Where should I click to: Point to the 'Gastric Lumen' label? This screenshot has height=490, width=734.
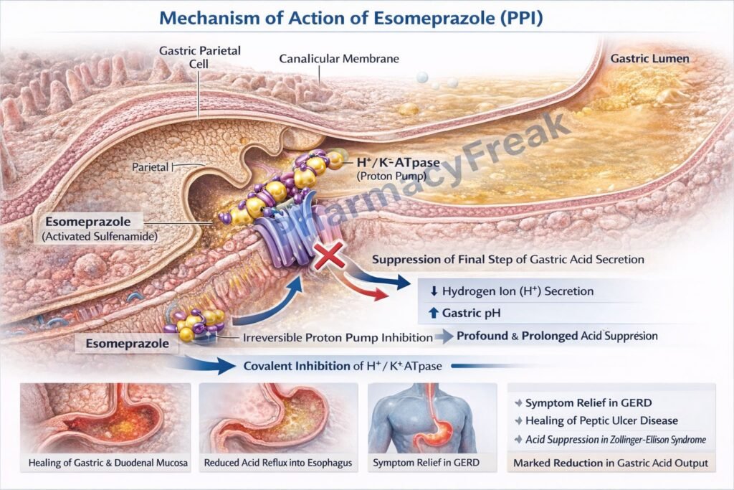click(x=649, y=58)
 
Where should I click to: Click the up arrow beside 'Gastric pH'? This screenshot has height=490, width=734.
click(x=432, y=314)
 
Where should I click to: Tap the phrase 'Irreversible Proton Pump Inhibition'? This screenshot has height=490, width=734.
click(x=327, y=337)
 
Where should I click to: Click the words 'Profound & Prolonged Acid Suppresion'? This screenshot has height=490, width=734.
click(x=557, y=336)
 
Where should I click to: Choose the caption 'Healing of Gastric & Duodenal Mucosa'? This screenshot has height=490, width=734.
click(x=108, y=463)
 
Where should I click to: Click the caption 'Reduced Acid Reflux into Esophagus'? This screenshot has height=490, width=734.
click(x=278, y=463)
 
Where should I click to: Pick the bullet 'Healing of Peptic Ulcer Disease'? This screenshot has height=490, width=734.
click(x=601, y=421)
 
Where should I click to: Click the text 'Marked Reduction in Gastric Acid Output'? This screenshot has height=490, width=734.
click(x=611, y=463)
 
